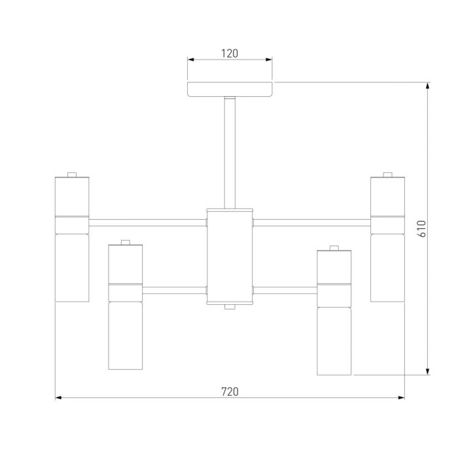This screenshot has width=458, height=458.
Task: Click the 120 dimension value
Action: click(230, 54)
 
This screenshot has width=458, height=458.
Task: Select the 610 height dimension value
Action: click(423, 229)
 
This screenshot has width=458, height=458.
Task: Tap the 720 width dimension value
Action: click(230, 392)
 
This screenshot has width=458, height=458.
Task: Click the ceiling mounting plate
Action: click(230, 90)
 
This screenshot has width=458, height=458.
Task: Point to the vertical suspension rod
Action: click(230, 152)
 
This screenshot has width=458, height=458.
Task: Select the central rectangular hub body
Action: click(230, 256)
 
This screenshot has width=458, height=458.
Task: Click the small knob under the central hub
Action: click(230, 307)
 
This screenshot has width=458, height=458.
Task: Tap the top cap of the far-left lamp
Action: click(72, 175)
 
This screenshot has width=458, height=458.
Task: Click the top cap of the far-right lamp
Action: click(387, 175)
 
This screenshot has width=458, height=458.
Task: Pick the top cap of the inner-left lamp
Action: click(126, 243)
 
